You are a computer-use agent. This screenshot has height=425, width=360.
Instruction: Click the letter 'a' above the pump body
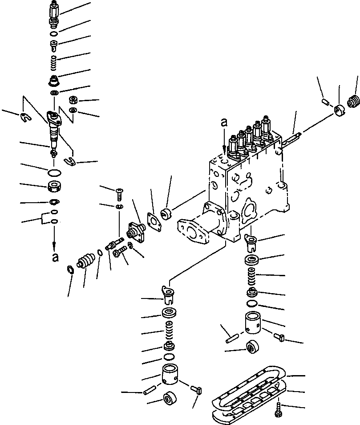(224, 122)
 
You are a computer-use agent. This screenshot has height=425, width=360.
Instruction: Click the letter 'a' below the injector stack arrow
(55, 257)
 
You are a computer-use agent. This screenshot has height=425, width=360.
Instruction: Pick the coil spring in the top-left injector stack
(53, 59)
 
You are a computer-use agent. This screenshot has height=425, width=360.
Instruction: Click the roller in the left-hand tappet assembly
(170, 398)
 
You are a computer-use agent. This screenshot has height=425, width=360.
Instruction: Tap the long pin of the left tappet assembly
(150, 391)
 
